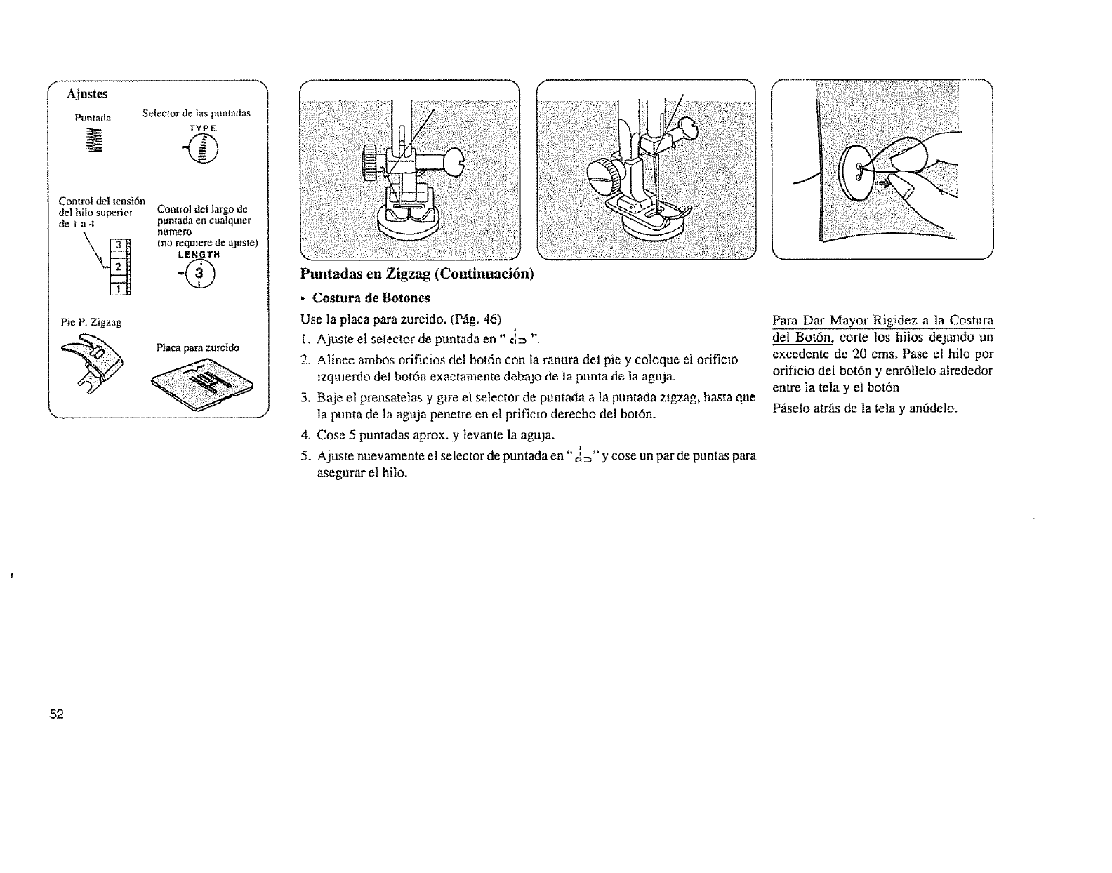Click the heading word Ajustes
88,93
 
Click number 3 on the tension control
119,244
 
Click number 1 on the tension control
119,288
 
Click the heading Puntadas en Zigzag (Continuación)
417,274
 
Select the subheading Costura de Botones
371,298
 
